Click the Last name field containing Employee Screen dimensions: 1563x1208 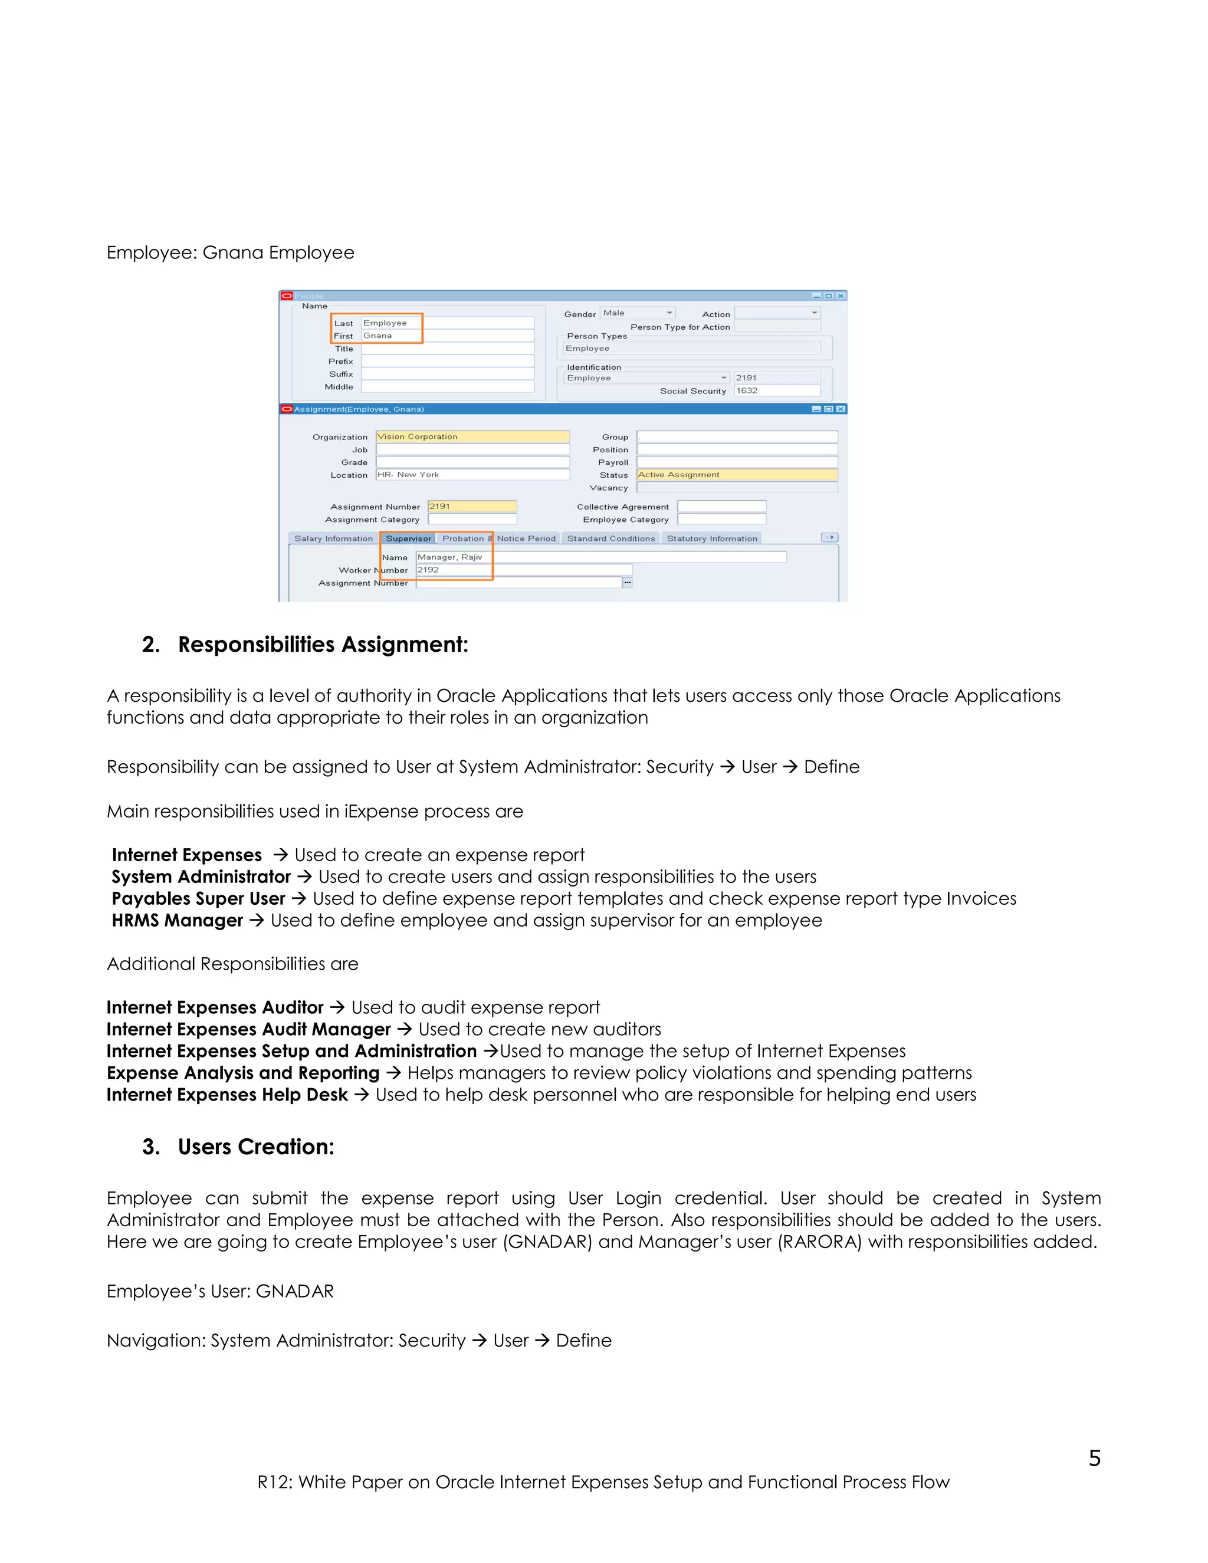click(x=447, y=323)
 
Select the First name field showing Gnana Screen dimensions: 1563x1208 click(x=447, y=336)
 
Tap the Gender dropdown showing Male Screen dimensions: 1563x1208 click(x=637, y=313)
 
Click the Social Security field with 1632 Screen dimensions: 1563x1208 click(x=776, y=390)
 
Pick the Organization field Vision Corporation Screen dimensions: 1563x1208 click(x=472, y=436)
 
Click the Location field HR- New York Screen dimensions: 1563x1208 click(x=472, y=474)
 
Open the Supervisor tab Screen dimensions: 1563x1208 click(x=408, y=538)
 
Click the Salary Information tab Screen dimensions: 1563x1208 click(x=333, y=538)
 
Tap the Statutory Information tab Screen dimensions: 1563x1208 click(x=711, y=538)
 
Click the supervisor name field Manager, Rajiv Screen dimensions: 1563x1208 click(x=601, y=557)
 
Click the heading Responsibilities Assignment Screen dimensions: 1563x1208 click(x=323, y=644)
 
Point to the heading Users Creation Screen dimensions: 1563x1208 click(x=255, y=1147)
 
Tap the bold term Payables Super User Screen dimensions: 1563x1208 click(x=198, y=899)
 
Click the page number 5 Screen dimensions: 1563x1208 click(x=1094, y=1458)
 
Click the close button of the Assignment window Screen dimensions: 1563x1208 click(x=841, y=409)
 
